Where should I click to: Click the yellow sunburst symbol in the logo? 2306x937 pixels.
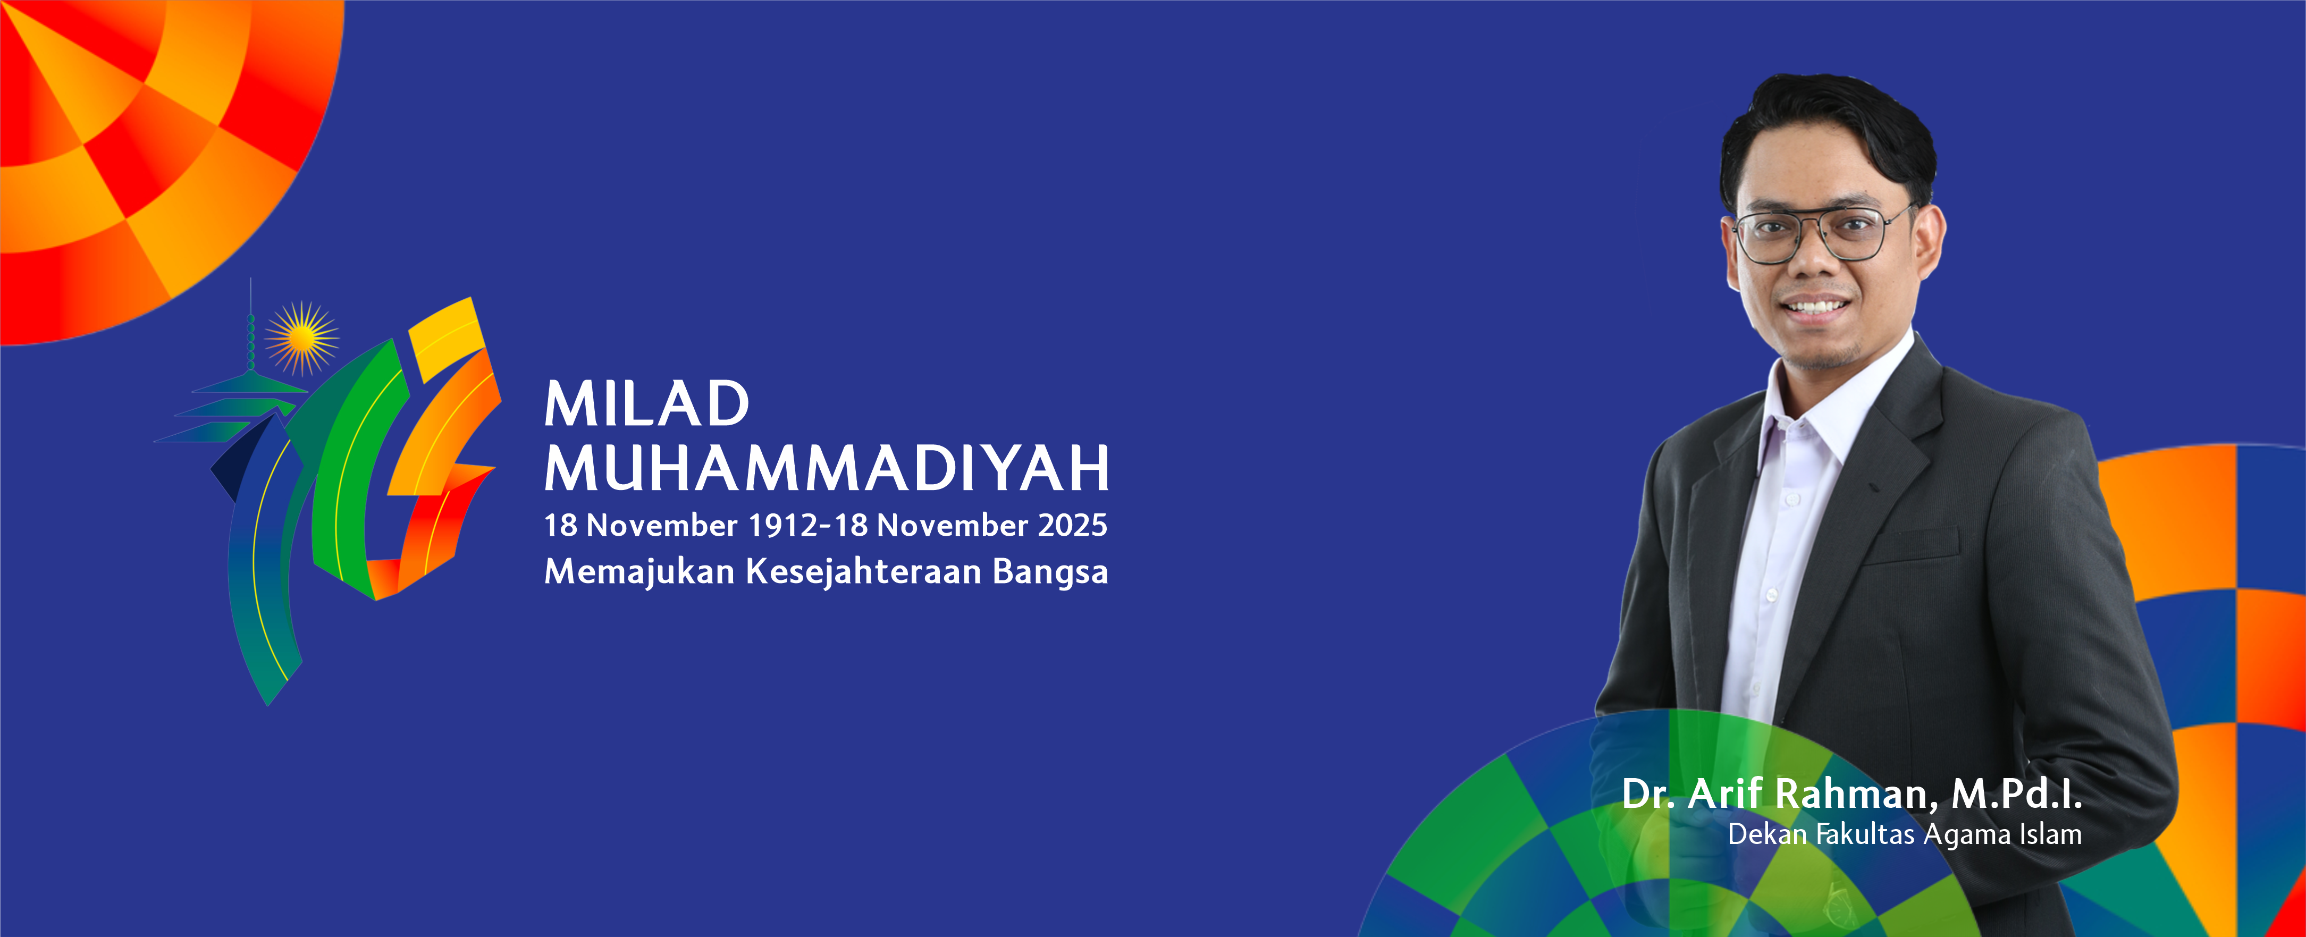302,337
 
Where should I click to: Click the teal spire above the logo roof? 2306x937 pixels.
251,327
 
